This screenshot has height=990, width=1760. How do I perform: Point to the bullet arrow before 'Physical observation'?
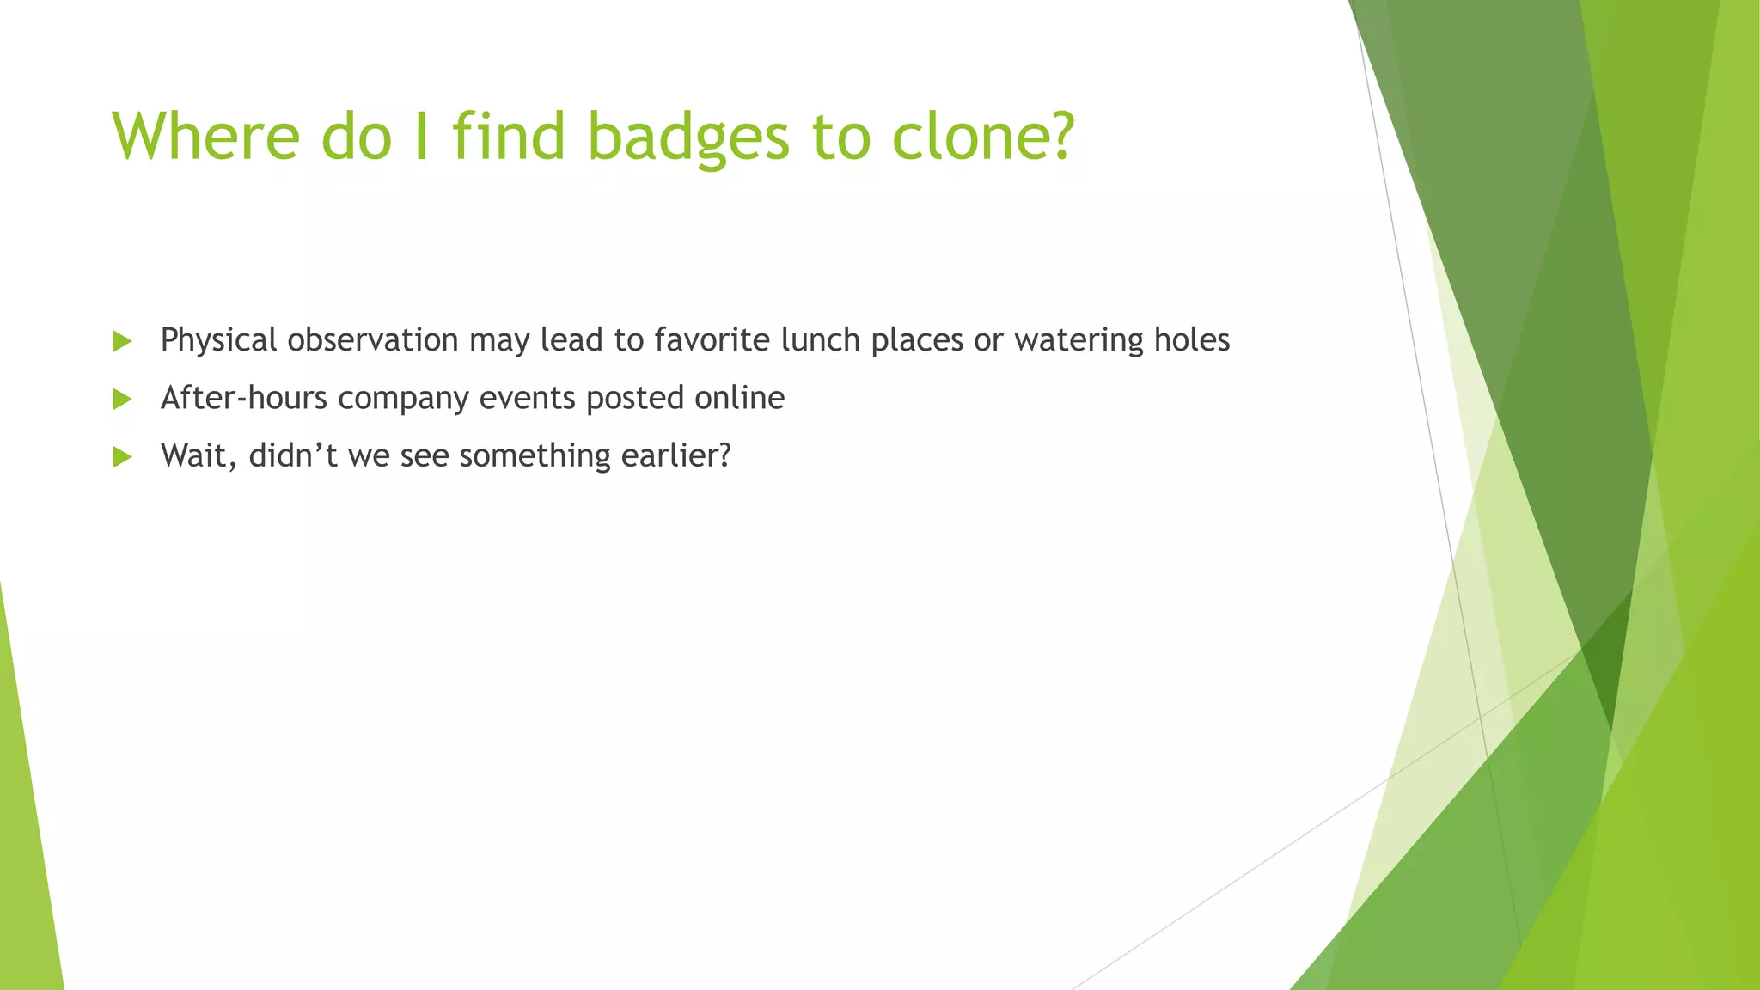(122, 341)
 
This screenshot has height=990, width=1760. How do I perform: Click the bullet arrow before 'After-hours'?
(122, 399)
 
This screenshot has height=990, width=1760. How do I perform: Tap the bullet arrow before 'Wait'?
(122, 456)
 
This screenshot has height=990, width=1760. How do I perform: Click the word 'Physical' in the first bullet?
(218, 340)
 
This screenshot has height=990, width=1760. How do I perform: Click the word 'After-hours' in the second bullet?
(244, 398)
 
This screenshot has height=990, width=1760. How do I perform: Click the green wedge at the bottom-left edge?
(26, 859)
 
